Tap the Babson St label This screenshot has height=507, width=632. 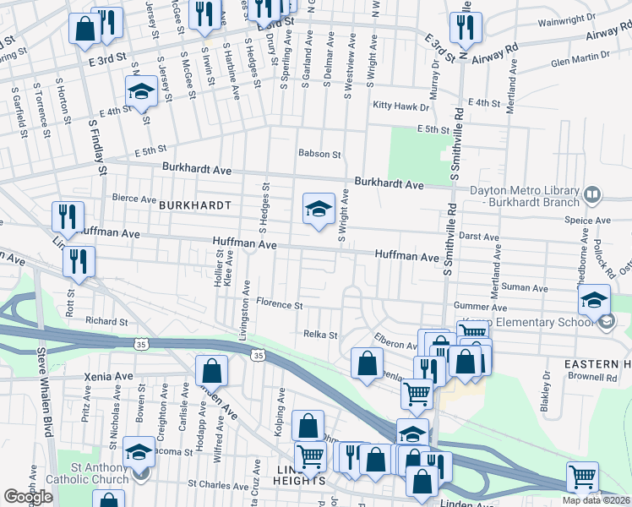(x=319, y=155)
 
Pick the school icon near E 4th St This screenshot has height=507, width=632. (x=141, y=92)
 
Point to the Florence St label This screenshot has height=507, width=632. (x=279, y=303)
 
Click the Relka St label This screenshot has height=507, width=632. (x=320, y=335)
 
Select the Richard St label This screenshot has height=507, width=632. (x=106, y=321)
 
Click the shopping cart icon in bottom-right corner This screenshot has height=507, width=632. (x=581, y=477)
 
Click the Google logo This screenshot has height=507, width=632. (x=29, y=497)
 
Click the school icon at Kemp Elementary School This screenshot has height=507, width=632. (x=594, y=301)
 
